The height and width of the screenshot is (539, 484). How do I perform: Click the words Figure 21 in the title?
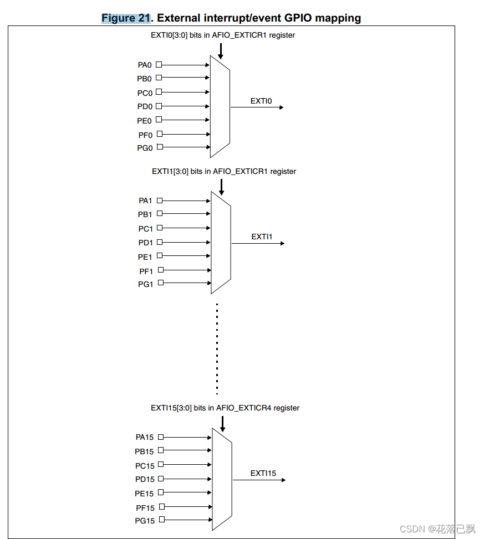[x=126, y=18]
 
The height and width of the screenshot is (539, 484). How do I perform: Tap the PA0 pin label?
[x=145, y=65]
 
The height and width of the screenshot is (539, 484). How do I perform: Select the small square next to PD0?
[x=159, y=106]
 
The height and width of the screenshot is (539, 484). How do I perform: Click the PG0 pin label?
[x=145, y=148]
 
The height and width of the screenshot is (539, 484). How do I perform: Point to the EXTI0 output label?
[x=261, y=101]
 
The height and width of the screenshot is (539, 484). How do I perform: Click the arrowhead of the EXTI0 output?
[x=281, y=107]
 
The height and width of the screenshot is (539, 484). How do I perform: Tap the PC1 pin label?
[x=146, y=229]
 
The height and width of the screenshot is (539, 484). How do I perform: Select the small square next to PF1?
[x=160, y=270]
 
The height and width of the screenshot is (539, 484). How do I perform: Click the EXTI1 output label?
[x=262, y=237]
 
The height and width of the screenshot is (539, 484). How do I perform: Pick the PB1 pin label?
[x=146, y=214]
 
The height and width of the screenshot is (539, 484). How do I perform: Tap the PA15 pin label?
[x=144, y=438]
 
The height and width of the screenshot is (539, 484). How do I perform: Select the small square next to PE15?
[x=160, y=492]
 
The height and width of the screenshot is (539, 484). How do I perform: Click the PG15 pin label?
[x=145, y=521]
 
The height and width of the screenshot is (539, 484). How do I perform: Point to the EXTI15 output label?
[x=263, y=473]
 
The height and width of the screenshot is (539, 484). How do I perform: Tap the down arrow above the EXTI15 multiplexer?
[x=222, y=424]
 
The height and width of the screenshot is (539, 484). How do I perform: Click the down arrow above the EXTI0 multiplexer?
[x=221, y=51]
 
